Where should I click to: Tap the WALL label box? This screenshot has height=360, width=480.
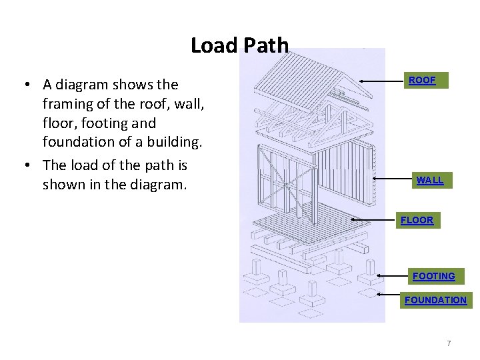tap(429, 181)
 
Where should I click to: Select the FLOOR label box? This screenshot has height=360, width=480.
tap(417, 220)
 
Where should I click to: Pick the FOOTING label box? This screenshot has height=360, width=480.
tap(433, 276)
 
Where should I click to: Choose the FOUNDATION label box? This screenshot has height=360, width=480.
tap(435, 300)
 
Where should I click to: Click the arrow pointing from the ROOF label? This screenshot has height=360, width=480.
tap(382, 81)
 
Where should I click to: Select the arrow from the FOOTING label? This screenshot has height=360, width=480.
tap(391, 274)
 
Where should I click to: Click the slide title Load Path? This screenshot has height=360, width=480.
tap(239, 45)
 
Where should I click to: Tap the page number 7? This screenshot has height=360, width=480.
tap(449, 343)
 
